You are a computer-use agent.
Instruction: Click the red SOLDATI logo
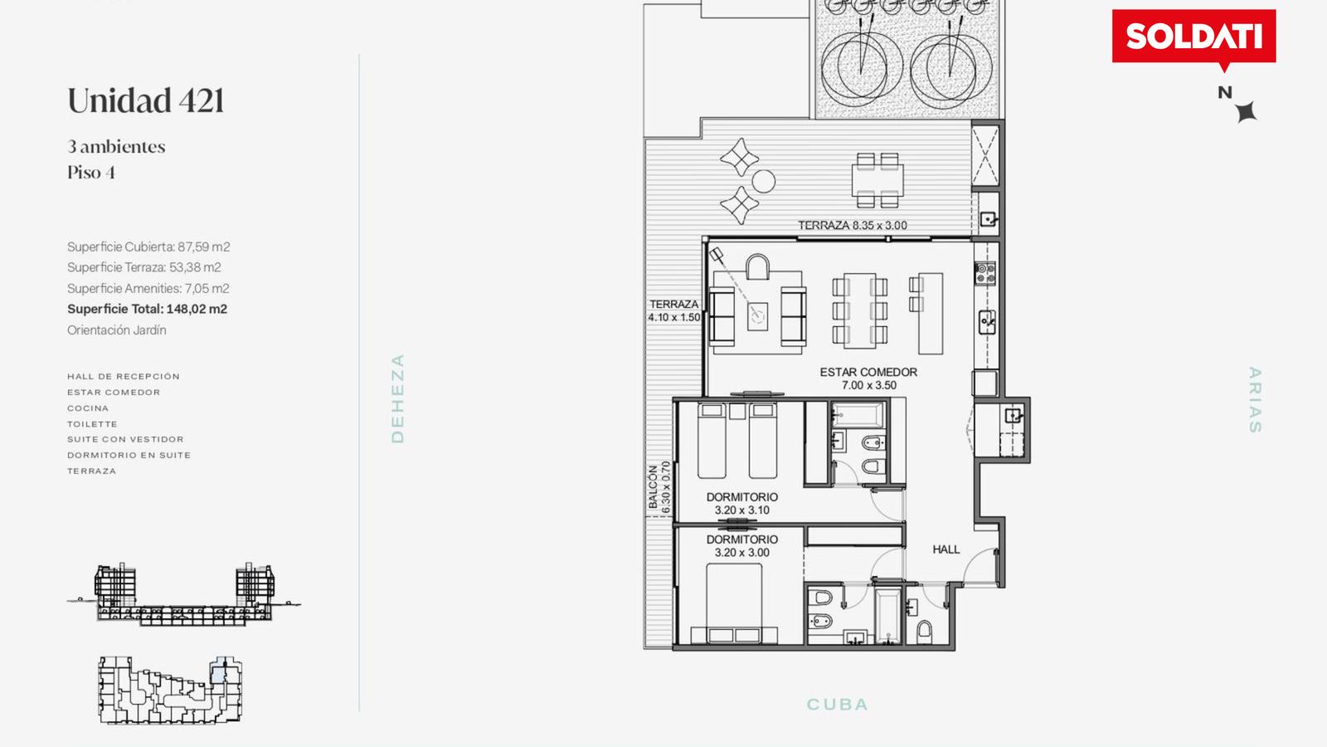point(1193,37)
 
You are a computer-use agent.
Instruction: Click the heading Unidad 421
point(146,100)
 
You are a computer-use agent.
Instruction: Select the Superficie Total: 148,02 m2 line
point(147,309)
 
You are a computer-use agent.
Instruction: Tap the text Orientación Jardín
point(117,330)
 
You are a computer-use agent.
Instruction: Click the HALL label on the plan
point(946,549)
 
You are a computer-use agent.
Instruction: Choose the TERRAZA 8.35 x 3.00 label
point(853,225)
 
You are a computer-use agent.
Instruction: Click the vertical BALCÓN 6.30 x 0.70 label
point(659,488)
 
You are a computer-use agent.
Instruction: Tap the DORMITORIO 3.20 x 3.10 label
point(741,503)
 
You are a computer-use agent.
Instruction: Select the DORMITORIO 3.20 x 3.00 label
point(741,546)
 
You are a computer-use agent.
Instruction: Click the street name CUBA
point(838,705)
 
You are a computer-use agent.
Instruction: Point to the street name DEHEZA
point(397,398)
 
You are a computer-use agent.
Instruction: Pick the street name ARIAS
point(1255,400)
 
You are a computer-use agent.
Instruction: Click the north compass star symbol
point(1246,111)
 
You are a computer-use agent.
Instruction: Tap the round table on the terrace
point(764,182)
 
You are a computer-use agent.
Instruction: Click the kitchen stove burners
point(986,273)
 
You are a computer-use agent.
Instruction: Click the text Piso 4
point(91,173)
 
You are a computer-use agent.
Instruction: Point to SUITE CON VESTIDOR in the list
point(125,439)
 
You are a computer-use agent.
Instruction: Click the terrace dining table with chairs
point(877,180)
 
